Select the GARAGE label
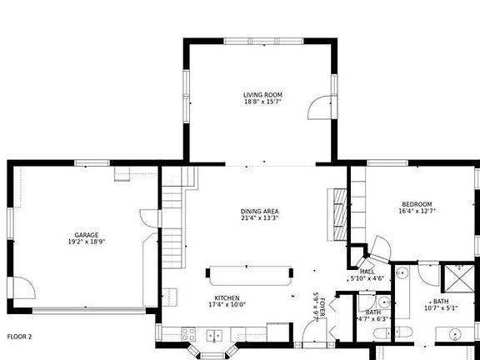[87, 235]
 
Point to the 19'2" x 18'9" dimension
[87, 242]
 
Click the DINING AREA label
[259, 212]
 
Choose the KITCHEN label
[227, 297]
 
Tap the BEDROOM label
[417, 204]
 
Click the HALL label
[367, 272]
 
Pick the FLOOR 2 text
[19, 337]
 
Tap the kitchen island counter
[250, 275]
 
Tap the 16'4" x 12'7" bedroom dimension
[417, 212]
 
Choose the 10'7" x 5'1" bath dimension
[440, 308]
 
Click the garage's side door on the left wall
[23, 292]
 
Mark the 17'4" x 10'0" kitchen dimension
[227, 305]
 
